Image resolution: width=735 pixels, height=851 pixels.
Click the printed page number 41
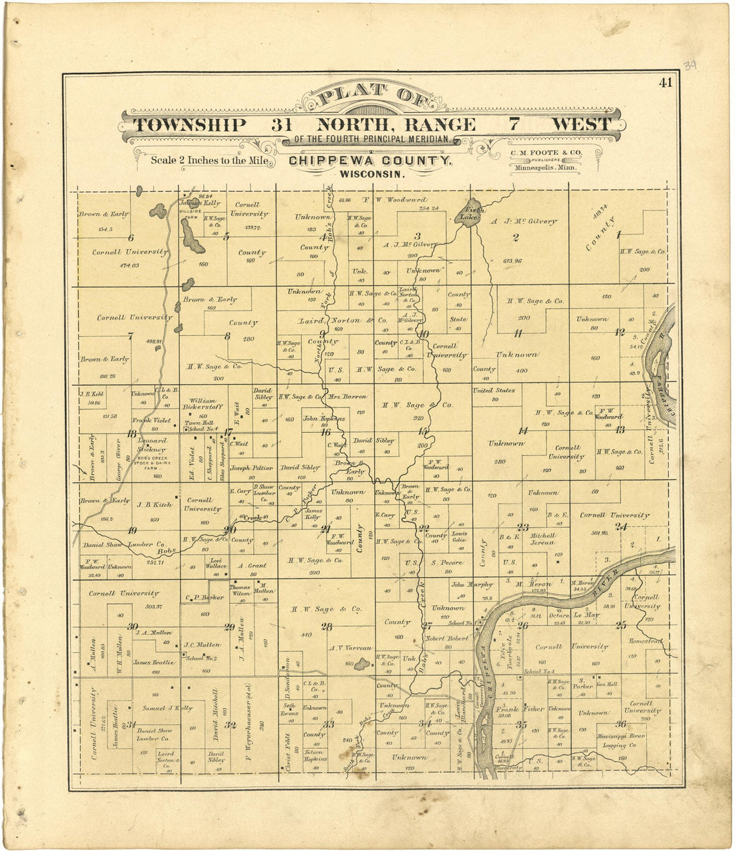click(665, 83)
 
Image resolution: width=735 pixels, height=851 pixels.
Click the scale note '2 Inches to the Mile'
click(210, 160)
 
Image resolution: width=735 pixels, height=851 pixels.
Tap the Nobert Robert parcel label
click(446, 639)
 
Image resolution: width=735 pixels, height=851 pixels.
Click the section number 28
click(326, 627)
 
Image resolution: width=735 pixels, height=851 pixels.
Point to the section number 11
click(518, 333)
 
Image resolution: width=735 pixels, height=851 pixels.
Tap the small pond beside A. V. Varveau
click(362, 663)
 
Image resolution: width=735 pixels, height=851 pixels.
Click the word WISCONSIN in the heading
click(372, 174)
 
